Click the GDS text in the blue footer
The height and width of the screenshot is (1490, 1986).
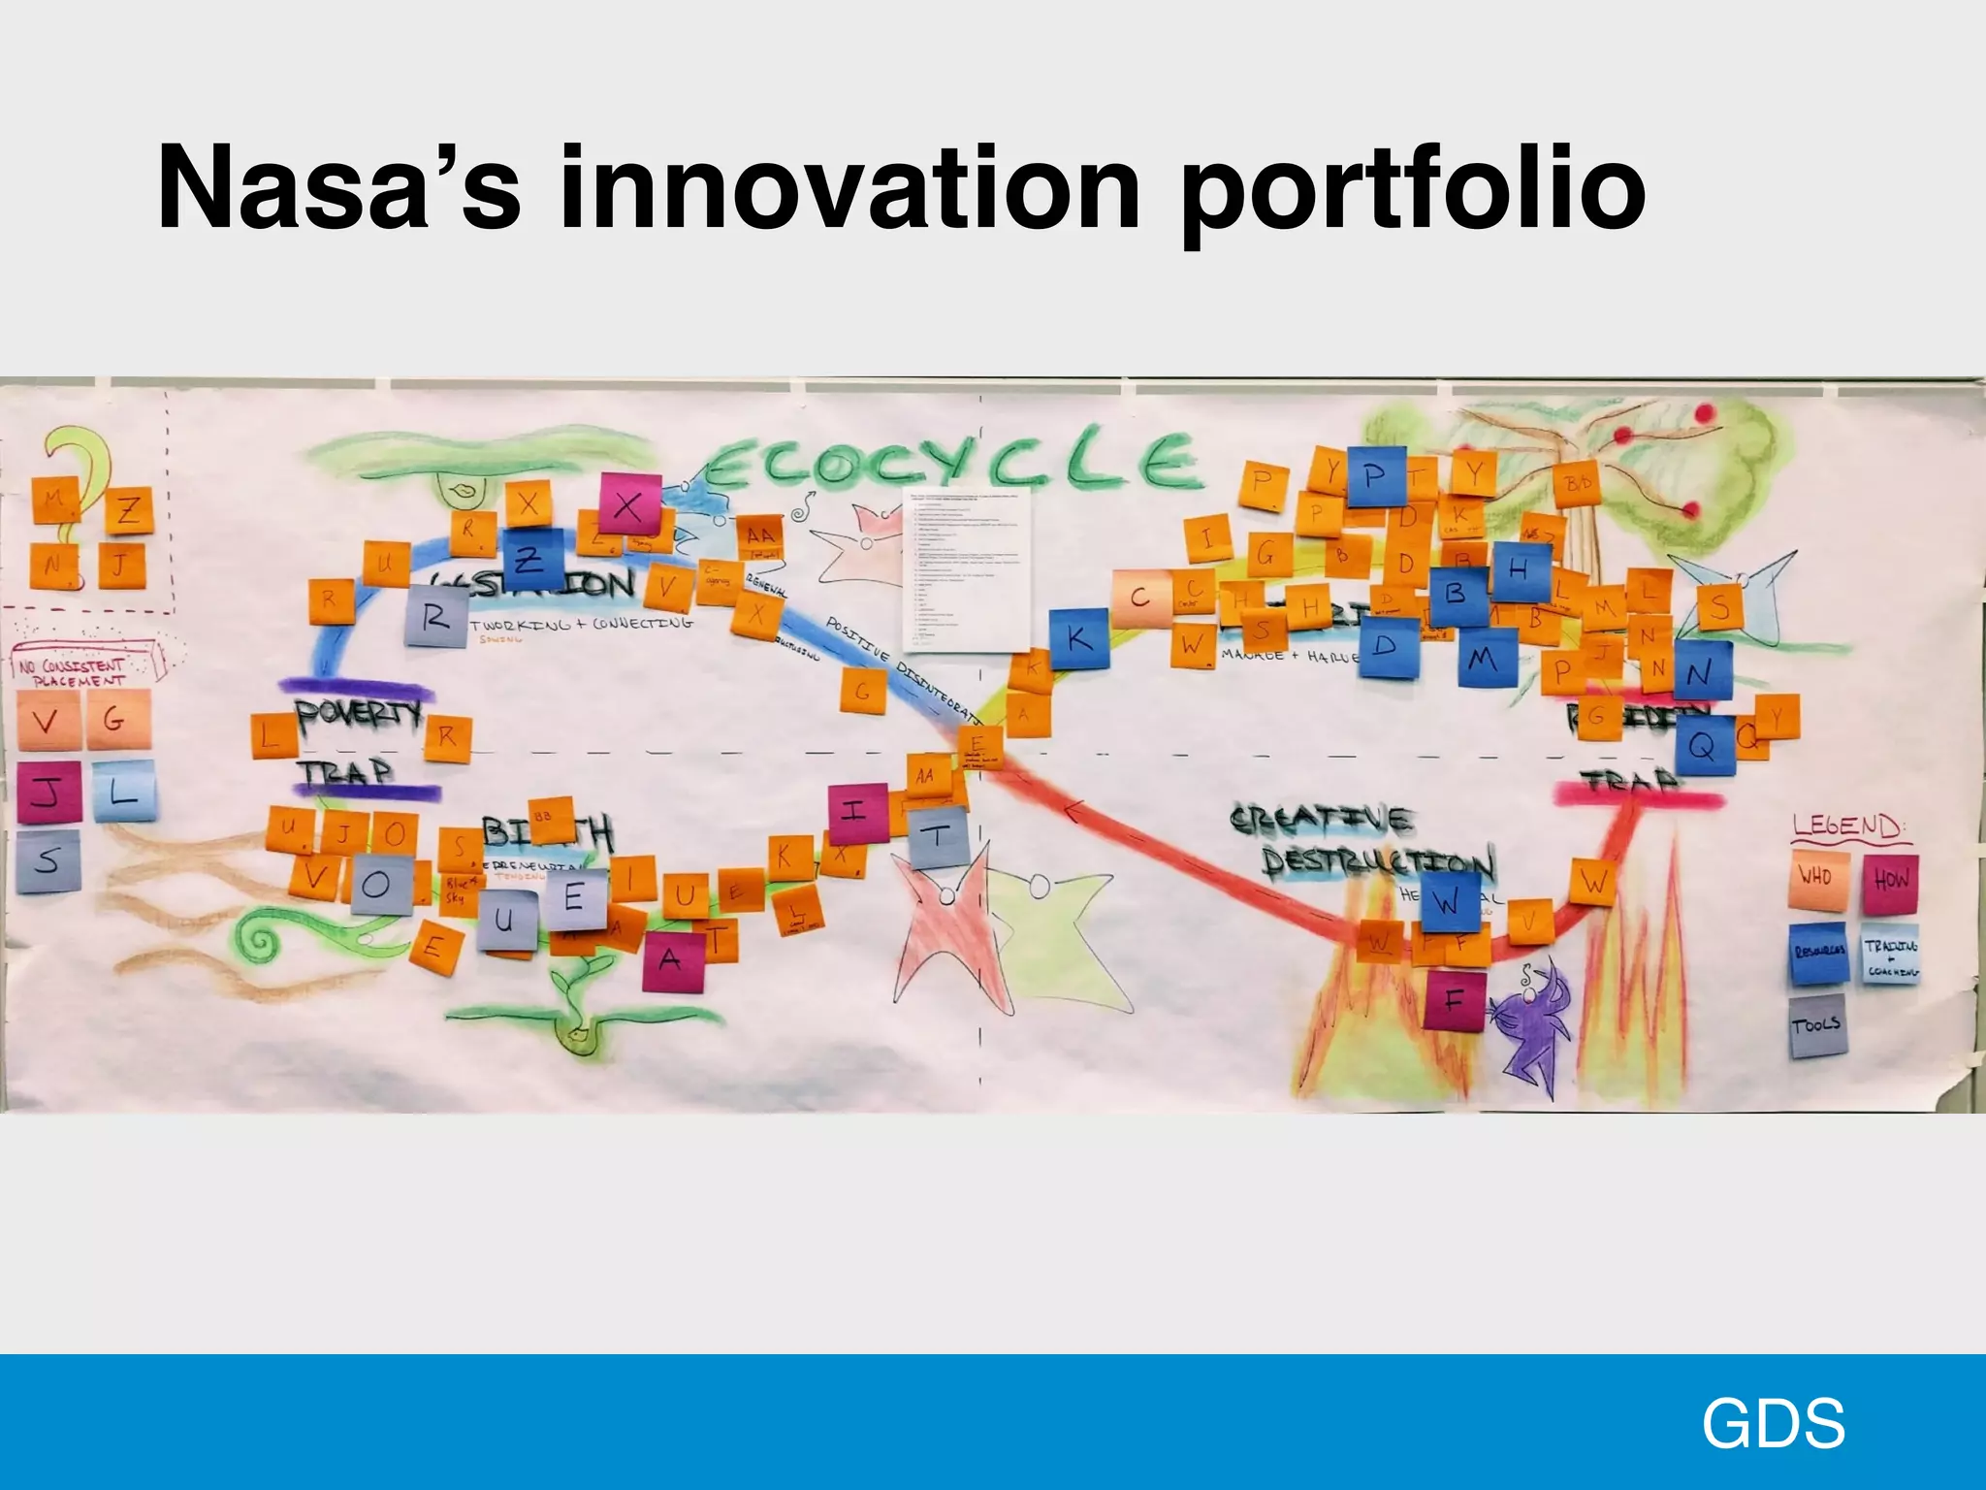pyautogui.click(x=1773, y=1424)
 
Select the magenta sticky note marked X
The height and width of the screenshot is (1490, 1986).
pyautogui.click(x=629, y=504)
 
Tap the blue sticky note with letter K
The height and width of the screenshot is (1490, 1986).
pyautogui.click(x=1077, y=639)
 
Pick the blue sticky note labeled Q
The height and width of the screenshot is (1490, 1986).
pyautogui.click(x=1704, y=745)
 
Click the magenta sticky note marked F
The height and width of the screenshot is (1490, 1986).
pyautogui.click(x=1454, y=999)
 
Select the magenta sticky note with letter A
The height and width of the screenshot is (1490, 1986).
pyautogui.click(x=670, y=958)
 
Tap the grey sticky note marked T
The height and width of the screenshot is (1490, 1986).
pyautogui.click(x=938, y=836)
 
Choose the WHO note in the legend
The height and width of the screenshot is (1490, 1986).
pyautogui.click(x=1815, y=878)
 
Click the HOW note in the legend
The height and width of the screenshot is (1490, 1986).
pyautogui.click(x=1890, y=880)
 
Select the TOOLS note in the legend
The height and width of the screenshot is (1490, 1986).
pyautogui.click(x=1816, y=1024)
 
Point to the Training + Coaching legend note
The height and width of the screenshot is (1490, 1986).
pyautogui.click(x=1890, y=956)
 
